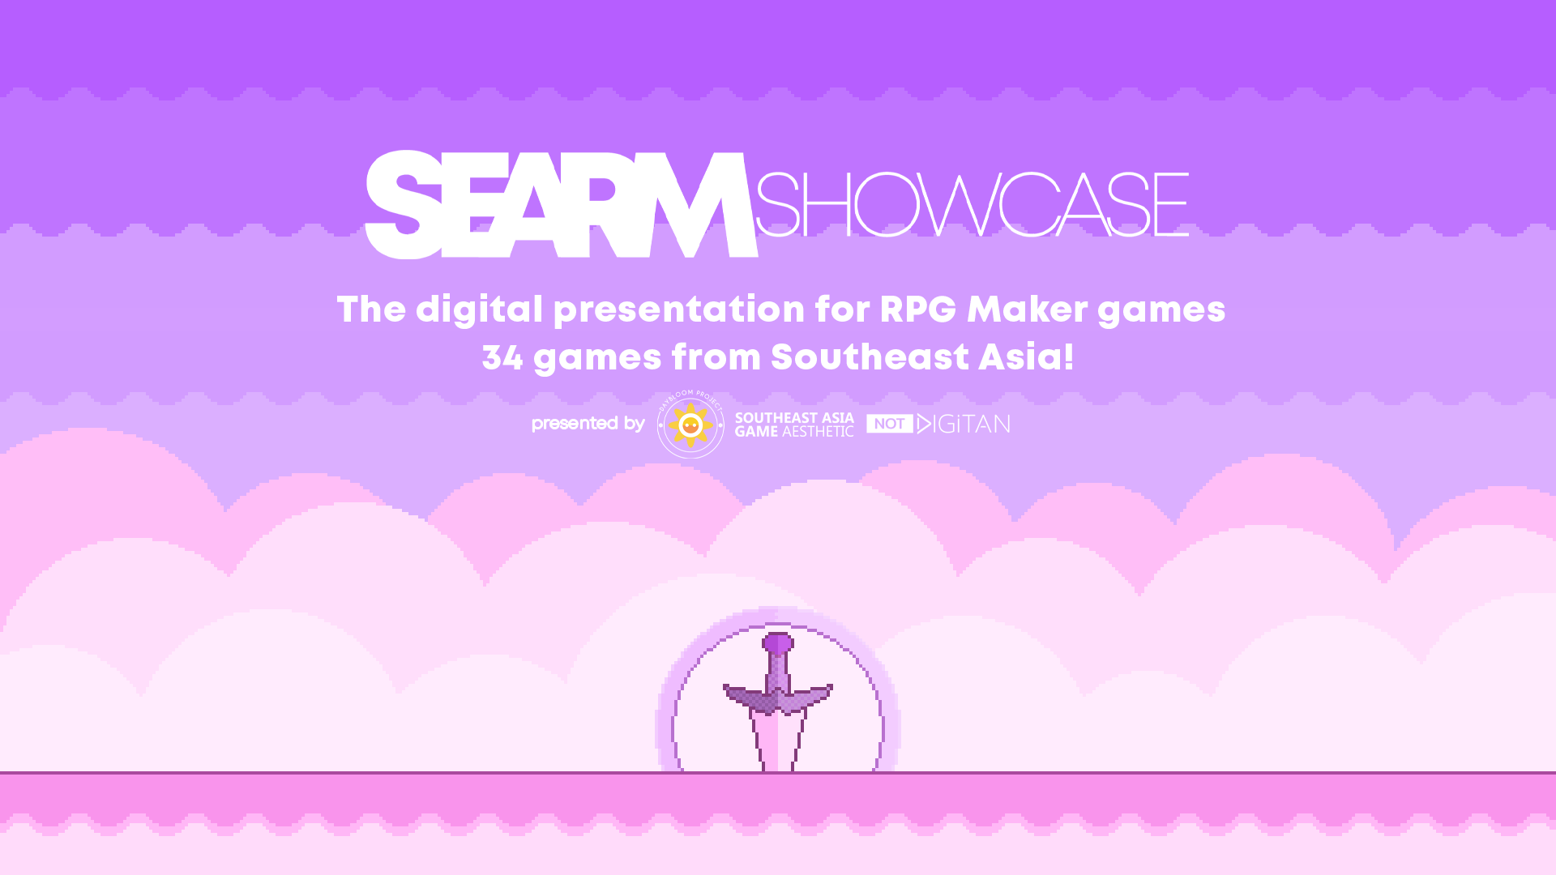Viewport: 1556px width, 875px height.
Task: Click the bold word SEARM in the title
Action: (561, 204)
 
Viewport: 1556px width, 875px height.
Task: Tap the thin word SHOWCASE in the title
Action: (972, 204)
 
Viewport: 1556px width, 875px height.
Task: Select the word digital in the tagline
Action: (479, 310)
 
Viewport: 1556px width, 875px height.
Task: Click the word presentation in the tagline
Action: (679, 310)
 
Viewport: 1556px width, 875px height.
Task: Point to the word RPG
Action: (918, 309)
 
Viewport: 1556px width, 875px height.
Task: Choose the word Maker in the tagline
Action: (1028, 309)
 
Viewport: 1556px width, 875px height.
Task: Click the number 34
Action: (502, 357)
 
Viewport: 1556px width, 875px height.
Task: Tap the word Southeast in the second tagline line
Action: (870, 357)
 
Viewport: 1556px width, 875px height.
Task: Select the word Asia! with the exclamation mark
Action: (1026, 356)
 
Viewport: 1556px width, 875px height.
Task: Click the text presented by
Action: (588, 424)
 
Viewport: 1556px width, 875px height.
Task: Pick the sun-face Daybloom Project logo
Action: (690, 424)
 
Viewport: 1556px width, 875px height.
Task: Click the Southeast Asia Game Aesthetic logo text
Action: (794, 425)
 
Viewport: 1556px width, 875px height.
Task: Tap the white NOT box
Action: (890, 424)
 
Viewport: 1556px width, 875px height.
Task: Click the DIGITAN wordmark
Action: (964, 424)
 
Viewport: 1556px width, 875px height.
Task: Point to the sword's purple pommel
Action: (778, 643)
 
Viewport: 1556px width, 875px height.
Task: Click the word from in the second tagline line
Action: (716, 357)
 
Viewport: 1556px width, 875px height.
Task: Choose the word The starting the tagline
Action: (371, 309)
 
